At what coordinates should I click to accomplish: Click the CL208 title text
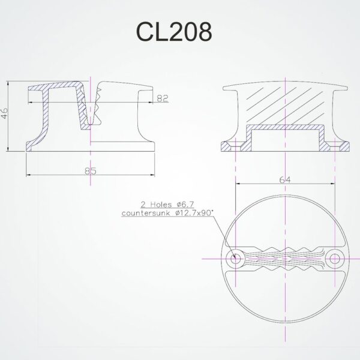pos(174,32)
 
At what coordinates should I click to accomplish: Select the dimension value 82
pos(162,98)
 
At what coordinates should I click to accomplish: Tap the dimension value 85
pos(91,171)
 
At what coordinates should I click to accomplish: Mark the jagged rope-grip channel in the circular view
pos(284,259)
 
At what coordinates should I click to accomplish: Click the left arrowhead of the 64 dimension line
pos(238,184)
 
